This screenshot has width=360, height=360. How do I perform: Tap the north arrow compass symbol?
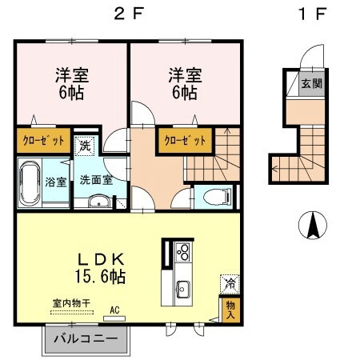click(x=312, y=226)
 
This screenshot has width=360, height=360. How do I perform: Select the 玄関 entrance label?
click(x=312, y=83)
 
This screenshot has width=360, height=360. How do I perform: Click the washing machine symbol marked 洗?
click(x=85, y=146)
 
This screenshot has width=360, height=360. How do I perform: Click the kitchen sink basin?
click(x=182, y=287)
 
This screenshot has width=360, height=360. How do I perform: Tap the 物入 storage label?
click(x=230, y=308)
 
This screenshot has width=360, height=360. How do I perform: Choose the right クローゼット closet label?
click(x=185, y=140)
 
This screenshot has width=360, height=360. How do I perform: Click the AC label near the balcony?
click(x=114, y=310)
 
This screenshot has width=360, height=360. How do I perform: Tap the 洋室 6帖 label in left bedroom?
click(x=70, y=84)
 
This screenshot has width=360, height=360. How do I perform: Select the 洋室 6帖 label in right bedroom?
click(x=183, y=84)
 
